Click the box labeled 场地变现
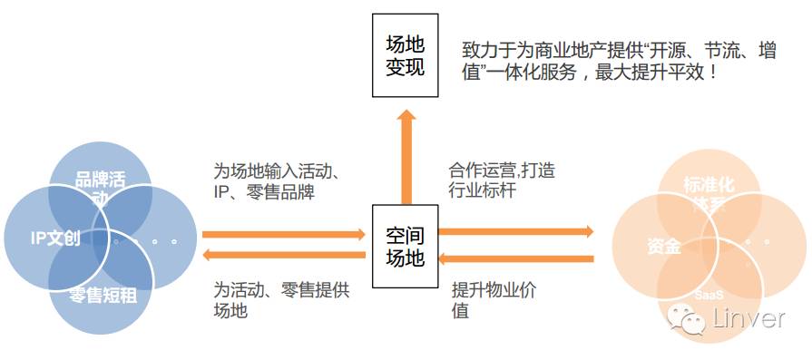tap(405, 56)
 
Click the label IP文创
tap(54, 239)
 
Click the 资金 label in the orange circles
tap(664, 247)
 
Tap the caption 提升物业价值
tap(492, 299)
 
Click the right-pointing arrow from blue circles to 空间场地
tap(284, 234)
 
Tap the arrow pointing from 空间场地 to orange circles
tap(516, 232)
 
